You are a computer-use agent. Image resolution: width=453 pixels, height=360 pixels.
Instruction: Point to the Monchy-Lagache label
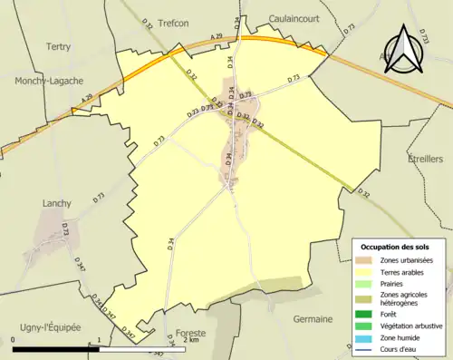pyautogui.click(x=49, y=81)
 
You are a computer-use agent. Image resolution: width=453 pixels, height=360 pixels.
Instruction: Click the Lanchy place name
pyautogui.click(x=56, y=204)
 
